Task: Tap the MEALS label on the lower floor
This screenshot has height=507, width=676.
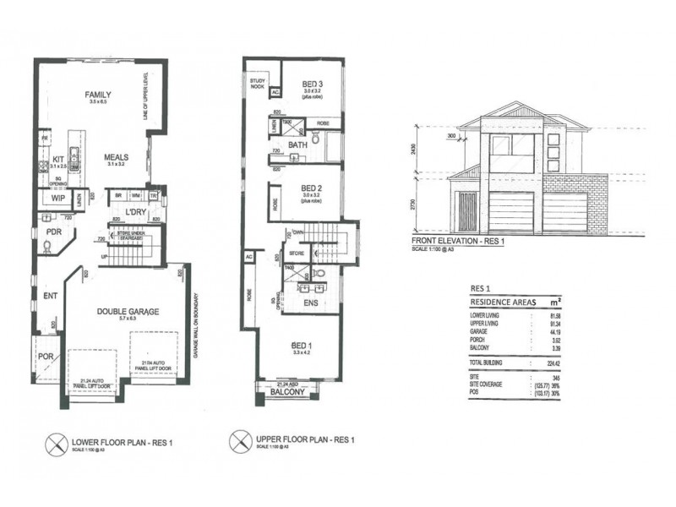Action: (x=116, y=157)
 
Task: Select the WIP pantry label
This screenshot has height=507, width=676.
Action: (x=57, y=199)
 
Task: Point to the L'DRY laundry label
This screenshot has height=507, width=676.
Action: (x=138, y=210)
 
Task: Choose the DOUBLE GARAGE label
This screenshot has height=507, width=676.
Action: (x=124, y=311)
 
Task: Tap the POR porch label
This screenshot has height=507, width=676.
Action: (x=46, y=356)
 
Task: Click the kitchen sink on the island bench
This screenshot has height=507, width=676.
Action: (x=74, y=155)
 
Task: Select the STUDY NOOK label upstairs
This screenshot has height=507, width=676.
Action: (x=257, y=84)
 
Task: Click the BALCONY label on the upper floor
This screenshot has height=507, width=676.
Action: (x=287, y=392)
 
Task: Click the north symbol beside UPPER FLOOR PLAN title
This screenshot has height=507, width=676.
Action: (x=239, y=441)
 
